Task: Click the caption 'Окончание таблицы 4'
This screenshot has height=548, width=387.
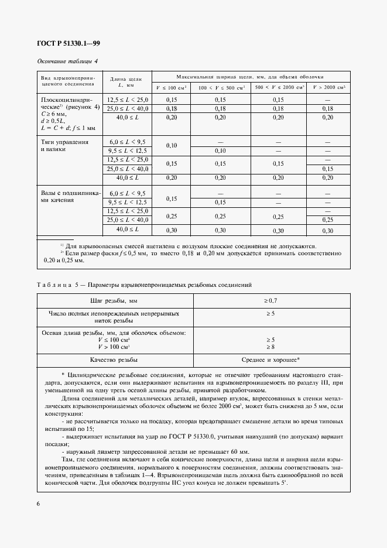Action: point(67,61)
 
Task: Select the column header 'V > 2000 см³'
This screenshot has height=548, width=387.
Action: point(328,88)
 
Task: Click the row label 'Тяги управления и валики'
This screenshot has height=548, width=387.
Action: point(64,145)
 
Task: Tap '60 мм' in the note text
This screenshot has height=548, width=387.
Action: point(239,451)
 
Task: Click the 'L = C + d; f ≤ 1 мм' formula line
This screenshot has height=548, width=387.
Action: point(69,127)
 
